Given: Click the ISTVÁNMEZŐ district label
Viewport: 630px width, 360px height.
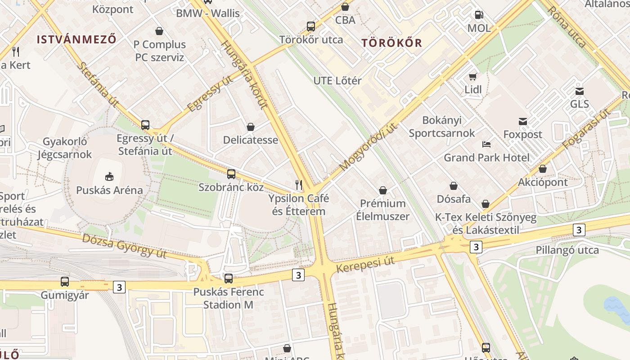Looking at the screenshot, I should [76, 39].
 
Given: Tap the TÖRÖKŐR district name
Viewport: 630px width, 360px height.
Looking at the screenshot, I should [392, 43].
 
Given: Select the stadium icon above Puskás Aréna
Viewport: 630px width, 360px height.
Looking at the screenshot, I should [109, 176].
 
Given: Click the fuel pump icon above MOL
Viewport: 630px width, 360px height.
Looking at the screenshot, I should [479, 15].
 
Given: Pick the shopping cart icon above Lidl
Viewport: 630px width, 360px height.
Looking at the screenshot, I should [473, 76].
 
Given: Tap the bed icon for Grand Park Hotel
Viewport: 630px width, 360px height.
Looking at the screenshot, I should [486, 144].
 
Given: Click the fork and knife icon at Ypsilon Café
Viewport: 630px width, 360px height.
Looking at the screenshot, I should [298, 184].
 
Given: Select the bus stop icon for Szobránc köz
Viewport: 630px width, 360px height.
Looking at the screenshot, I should [231, 174].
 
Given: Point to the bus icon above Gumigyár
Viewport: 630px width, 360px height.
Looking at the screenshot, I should [65, 282].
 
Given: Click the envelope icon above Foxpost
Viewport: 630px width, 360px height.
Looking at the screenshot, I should [523, 121].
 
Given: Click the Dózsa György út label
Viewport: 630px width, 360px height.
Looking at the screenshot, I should [124, 246].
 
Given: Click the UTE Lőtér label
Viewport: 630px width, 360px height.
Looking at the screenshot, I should [337, 81].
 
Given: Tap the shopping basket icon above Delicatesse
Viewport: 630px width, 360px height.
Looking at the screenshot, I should [251, 127].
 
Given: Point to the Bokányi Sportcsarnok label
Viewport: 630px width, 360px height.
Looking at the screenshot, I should [442, 126].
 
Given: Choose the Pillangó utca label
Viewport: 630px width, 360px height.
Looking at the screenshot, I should [567, 250].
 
